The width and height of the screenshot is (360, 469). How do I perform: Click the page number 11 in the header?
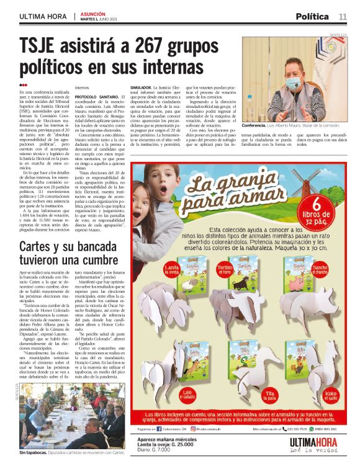tap(343, 16)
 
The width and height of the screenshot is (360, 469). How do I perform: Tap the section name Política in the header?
tap(312, 16)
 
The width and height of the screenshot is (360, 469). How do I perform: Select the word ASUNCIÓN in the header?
tap(92, 13)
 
